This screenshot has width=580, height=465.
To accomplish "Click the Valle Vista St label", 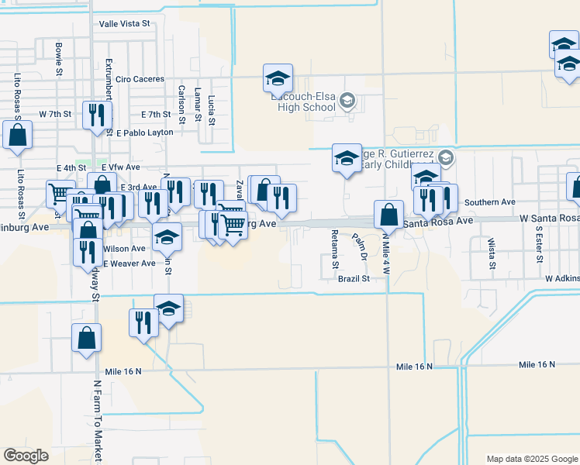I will pyautogui.click(x=124, y=24).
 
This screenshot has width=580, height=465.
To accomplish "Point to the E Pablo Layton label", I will pyautogui.click(x=145, y=133).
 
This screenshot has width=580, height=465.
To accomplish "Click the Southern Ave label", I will pyautogui.click(x=489, y=202).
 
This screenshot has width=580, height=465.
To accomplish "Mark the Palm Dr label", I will pyautogui.click(x=358, y=246).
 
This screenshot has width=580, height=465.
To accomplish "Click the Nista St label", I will pyautogui.click(x=492, y=254).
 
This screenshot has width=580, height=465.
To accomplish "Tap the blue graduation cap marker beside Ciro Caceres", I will pyautogui.click(x=278, y=78).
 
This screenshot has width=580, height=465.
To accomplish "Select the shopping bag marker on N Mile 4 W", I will pyautogui.click(x=388, y=215).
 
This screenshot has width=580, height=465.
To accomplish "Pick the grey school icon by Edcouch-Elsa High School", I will pyautogui.click(x=347, y=100).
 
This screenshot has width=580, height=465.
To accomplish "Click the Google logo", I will pyautogui.click(x=26, y=455).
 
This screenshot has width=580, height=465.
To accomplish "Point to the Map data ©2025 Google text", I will pyautogui.click(x=531, y=459).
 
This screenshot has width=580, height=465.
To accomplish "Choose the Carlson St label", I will pyautogui.click(x=181, y=105).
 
